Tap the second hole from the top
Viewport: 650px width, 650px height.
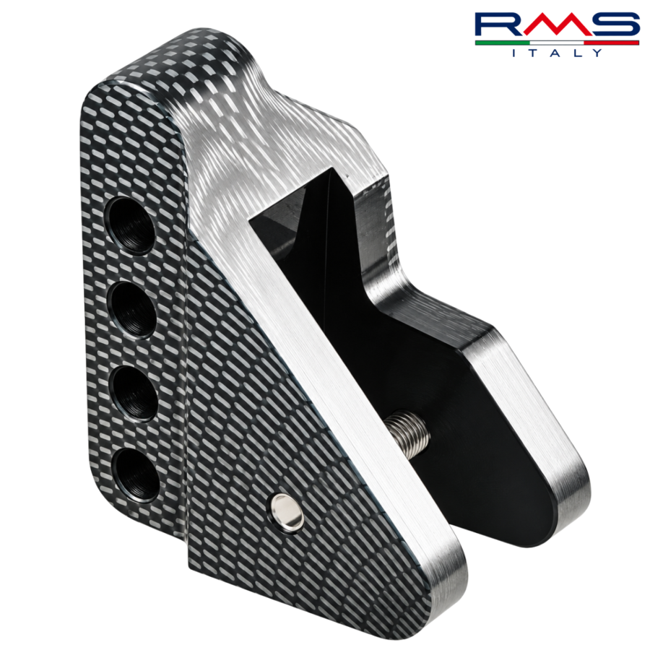(x=133, y=309)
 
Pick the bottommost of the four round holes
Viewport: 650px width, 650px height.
(x=136, y=476)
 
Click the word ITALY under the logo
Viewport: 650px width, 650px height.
(x=558, y=53)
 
